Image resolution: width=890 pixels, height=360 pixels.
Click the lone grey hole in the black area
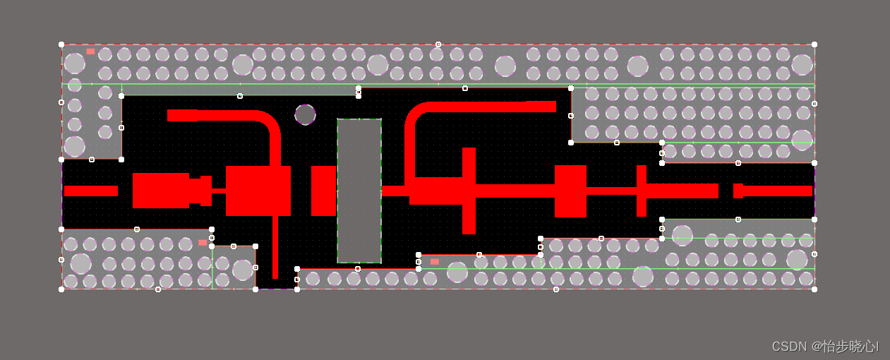coord(305,114)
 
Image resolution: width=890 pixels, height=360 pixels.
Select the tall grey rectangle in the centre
coord(359,191)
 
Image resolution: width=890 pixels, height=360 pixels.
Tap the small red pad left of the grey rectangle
coord(323,191)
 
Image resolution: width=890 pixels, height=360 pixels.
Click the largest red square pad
coord(258,191)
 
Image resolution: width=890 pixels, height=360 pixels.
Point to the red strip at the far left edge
coord(90,191)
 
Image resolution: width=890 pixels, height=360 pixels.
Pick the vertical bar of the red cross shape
coord(469,191)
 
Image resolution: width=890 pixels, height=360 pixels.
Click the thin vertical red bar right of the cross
coord(642,191)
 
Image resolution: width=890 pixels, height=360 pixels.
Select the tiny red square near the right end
coord(738,191)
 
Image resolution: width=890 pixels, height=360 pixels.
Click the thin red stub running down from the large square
coord(275,247)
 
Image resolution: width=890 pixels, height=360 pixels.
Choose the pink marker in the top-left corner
coord(90,52)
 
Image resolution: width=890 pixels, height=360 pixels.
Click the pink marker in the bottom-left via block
coord(203,242)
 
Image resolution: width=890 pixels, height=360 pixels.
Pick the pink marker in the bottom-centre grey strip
coord(435,262)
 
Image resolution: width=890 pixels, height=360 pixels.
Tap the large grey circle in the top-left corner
coord(75,64)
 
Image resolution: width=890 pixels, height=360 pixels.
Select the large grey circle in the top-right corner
coord(802,65)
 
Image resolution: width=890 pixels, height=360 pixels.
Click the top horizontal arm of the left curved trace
coord(212,115)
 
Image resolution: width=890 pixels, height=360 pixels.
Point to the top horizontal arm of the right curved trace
coord(494,107)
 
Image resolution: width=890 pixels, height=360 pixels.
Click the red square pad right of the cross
coord(570,191)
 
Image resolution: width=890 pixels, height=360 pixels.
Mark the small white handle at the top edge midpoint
coord(438,44)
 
